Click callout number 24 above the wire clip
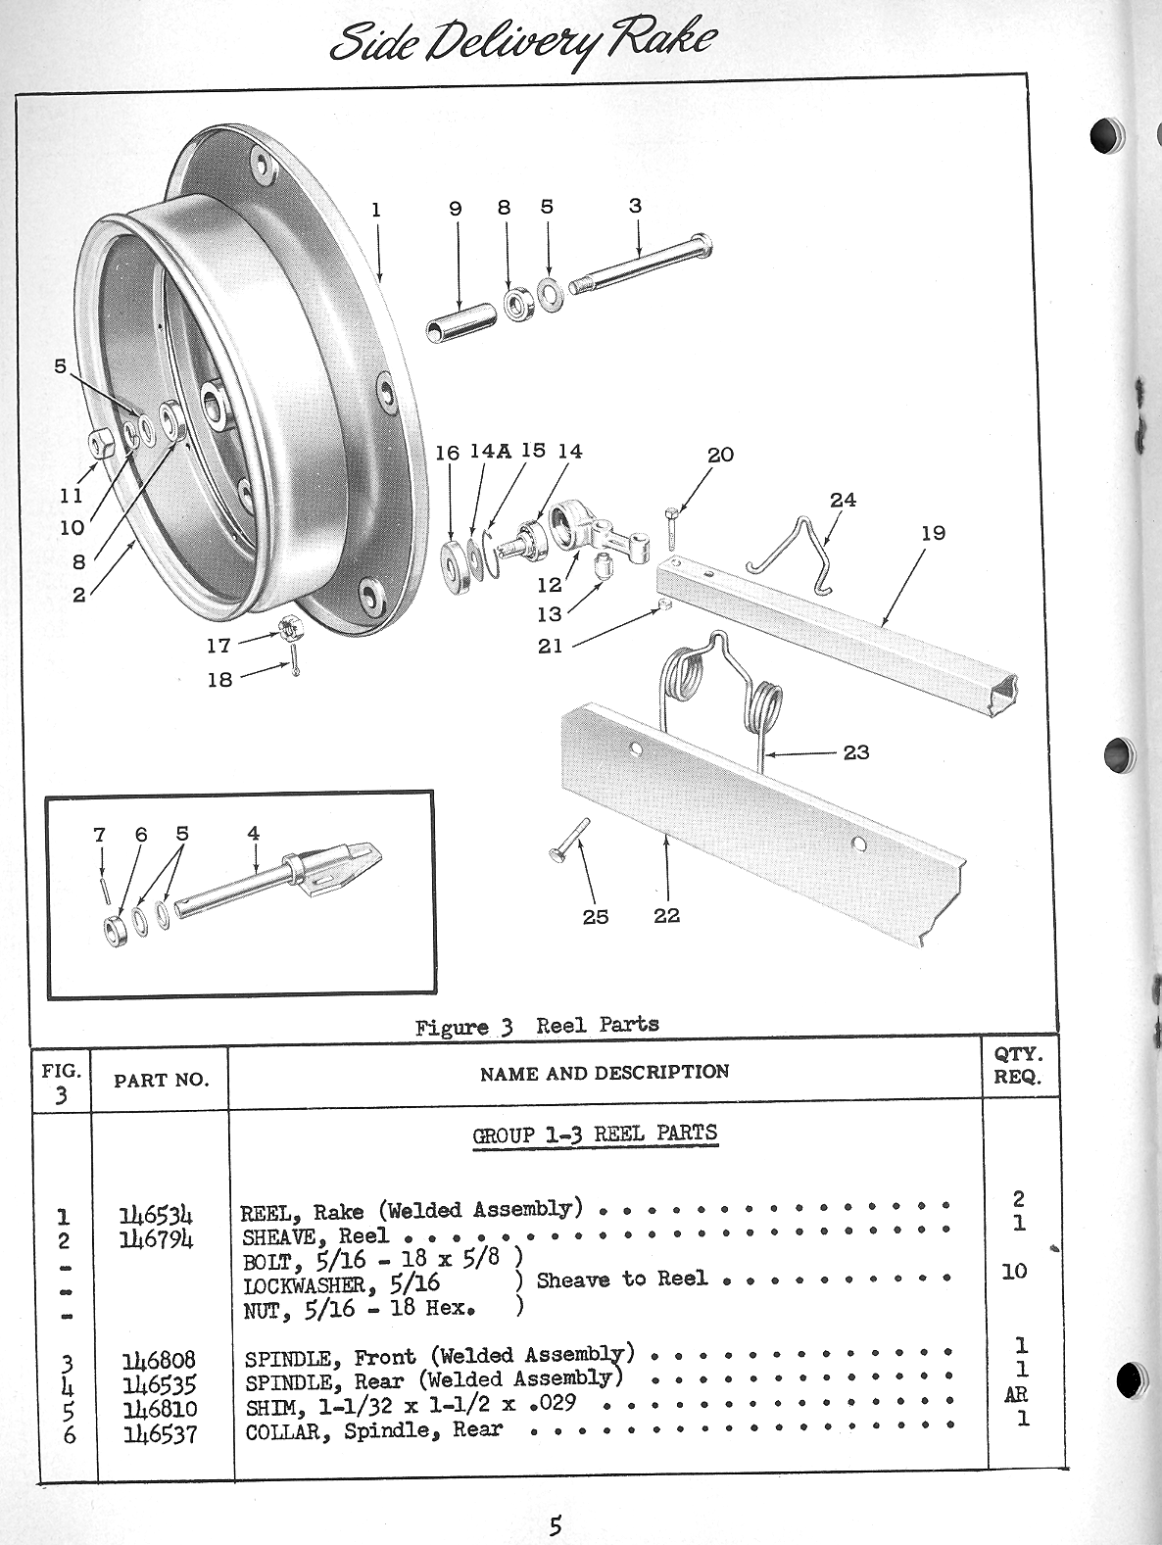[x=843, y=500]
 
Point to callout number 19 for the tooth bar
[x=933, y=533]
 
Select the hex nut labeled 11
[x=100, y=445]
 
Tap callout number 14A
[x=490, y=451]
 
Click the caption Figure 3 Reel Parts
[x=537, y=1026]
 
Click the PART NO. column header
[x=161, y=1080]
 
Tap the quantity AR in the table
[x=1016, y=1395]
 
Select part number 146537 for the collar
[x=158, y=1434]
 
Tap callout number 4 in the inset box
[x=253, y=834]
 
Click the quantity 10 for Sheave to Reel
[x=1014, y=1272]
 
